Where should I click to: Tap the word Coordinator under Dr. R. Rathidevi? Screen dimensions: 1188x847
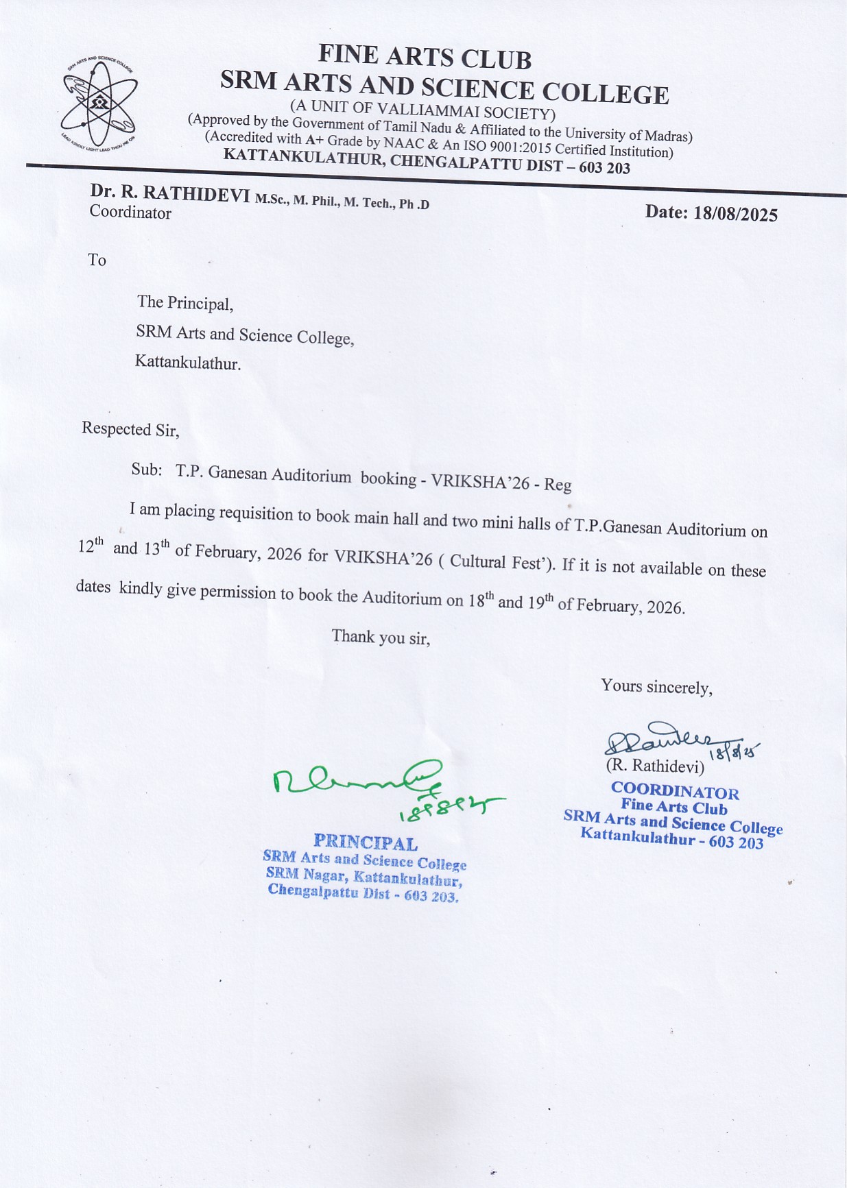[x=130, y=213]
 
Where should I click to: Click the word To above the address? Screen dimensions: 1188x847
[x=97, y=260]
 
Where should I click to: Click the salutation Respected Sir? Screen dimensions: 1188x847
[x=130, y=429]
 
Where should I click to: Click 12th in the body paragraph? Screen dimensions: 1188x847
[x=91, y=546]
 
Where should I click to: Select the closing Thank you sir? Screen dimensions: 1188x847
[x=381, y=637]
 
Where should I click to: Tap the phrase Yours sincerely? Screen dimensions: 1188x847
[x=656, y=686]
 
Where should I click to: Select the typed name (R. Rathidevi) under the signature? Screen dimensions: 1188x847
[x=655, y=766]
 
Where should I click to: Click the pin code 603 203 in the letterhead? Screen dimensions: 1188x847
[x=604, y=168]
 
